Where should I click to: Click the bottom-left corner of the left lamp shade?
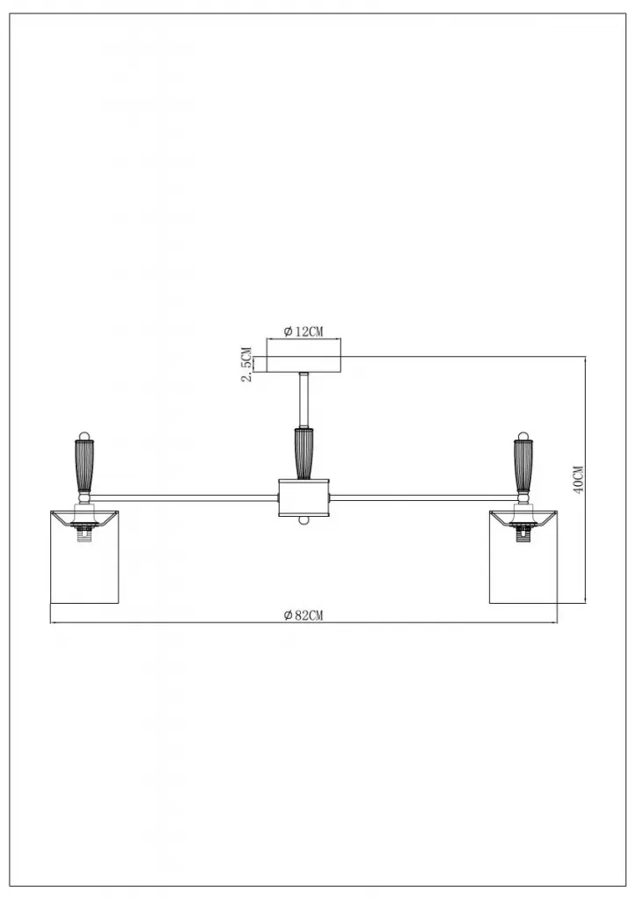50,603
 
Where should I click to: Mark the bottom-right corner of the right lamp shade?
558,603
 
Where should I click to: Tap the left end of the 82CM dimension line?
50,622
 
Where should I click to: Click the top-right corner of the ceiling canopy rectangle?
340,357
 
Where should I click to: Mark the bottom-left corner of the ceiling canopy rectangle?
266,372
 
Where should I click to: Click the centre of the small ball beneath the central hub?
303,519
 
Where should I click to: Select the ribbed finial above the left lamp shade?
84,461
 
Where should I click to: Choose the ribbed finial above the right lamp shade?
523,461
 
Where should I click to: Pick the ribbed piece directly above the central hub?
303,453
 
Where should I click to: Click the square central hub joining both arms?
303,497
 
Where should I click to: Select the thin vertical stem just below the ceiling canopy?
303,400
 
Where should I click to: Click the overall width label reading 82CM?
303,615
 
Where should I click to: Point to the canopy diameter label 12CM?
303,331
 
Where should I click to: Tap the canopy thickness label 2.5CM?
246,365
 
